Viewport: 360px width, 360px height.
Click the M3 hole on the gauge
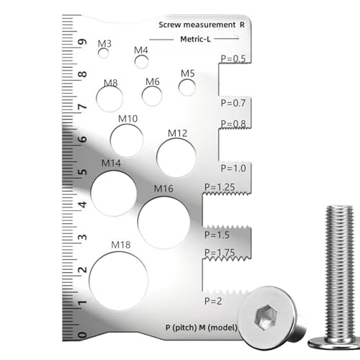coord(104,53)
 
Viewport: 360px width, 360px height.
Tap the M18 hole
coord(119,281)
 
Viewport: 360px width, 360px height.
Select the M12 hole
coord(176,158)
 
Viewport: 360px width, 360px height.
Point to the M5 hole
coord(187,87)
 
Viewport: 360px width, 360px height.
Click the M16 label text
coord(163,189)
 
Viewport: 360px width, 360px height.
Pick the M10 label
coord(128,119)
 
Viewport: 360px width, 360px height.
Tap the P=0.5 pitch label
coord(233,59)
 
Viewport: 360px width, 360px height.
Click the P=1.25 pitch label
coord(220,187)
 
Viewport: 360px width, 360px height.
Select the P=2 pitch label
coord(213,301)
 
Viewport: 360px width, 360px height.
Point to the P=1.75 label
coord(220,253)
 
